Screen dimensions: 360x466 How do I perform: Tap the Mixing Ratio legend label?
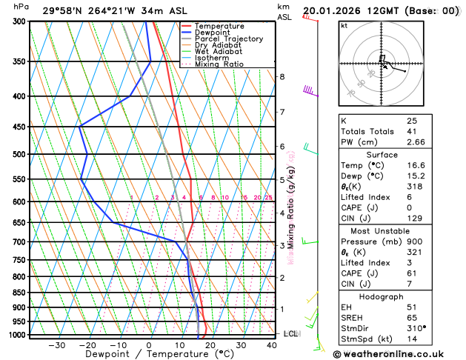(x=219, y=64)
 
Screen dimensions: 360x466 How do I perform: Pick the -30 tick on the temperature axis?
(x=56, y=345)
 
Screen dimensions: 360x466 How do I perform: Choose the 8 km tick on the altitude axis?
(x=282, y=77)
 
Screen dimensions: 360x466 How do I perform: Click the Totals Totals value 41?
(x=412, y=131)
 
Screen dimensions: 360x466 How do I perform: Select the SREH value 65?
(x=412, y=317)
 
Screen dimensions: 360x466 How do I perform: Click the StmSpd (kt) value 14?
(x=412, y=339)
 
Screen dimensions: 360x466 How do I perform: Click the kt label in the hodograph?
(x=344, y=25)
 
